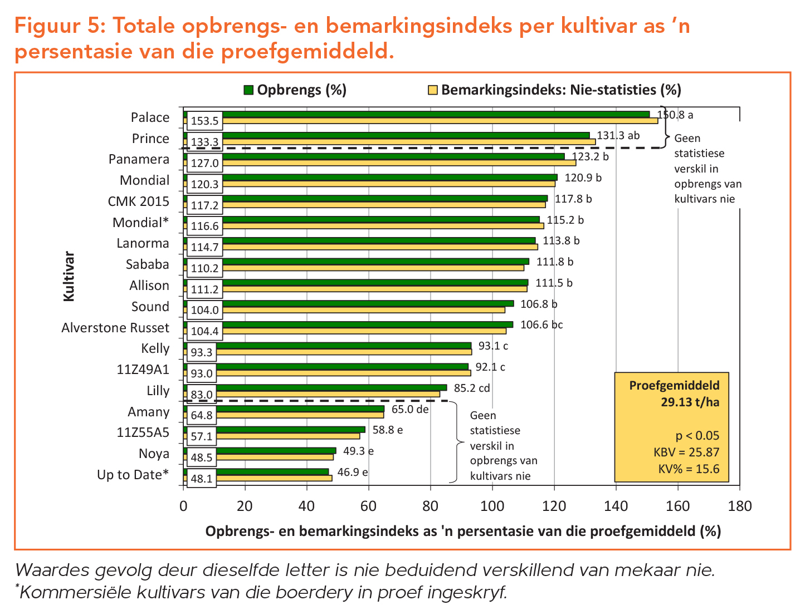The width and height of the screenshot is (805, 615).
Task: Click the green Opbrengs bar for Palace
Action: tap(435, 114)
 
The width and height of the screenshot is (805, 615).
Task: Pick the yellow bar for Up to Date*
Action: tap(273, 478)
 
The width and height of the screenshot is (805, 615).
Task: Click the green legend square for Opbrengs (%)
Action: tap(248, 90)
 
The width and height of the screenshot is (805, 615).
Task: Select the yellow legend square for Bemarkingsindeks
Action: tap(432, 90)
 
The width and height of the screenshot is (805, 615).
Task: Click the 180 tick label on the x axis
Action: tap(739, 506)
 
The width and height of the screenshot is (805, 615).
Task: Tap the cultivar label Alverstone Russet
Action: tap(115, 327)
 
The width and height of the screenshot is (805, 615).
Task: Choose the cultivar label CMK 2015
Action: tap(138, 201)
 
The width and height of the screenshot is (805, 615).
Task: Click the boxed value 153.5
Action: tap(205, 121)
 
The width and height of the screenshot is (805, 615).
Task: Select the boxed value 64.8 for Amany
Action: tap(202, 415)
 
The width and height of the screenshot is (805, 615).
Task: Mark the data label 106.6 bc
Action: tap(541, 324)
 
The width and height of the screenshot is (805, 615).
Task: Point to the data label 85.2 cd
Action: tap(472, 388)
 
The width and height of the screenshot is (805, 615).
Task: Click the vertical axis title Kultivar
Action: tap(69, 277)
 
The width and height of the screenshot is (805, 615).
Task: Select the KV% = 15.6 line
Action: tap(689, 469)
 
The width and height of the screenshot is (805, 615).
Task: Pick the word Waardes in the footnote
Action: tap(55, 570)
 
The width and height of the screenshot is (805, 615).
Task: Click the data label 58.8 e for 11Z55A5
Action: tap(388, 430)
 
